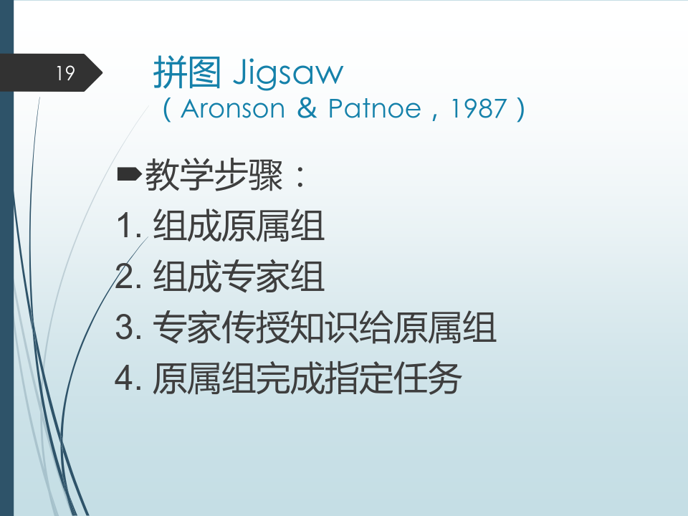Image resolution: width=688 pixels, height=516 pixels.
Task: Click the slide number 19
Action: point(65,73)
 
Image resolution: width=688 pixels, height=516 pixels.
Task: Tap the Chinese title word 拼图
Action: point(187,72)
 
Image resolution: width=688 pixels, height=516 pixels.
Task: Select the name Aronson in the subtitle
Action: point(232,108)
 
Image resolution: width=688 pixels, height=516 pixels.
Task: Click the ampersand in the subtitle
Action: point(306,108)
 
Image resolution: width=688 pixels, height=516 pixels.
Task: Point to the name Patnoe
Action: point(375,108)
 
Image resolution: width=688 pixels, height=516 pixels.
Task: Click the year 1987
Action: point(479,109)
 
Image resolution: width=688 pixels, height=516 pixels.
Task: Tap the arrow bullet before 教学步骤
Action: point(129,174)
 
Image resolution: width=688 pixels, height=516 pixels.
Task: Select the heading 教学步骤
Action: point(214,175)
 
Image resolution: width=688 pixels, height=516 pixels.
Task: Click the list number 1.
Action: point(125,226)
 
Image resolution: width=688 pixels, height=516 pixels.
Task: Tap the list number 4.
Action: point(123,378)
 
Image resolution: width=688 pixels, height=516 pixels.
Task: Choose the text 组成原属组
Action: point(239,226)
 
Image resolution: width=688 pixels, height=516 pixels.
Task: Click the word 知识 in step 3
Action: point(324,327)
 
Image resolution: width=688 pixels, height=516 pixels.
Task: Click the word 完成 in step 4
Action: point(290,378)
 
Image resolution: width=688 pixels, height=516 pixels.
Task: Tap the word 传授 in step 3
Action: point(256,327)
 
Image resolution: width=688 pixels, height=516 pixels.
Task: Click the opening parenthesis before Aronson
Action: point(167,109)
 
